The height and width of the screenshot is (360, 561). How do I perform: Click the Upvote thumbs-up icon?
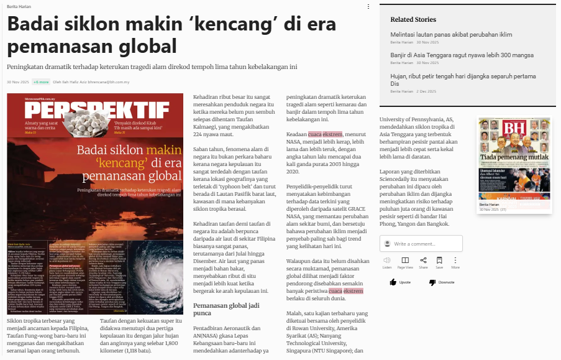(x=393, y=282)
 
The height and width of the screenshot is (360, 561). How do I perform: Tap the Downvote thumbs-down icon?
(x=432, y=282)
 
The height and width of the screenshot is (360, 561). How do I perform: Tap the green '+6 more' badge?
(x=41, y=82)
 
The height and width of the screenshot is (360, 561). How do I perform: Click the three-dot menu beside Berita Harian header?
(x=368, y=7)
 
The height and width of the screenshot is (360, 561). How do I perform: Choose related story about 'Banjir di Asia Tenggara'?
(x=462, y=55)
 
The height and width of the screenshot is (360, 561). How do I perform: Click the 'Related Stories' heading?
(x=413, y=19)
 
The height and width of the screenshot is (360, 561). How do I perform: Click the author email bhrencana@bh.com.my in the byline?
(x=109, y=82)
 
